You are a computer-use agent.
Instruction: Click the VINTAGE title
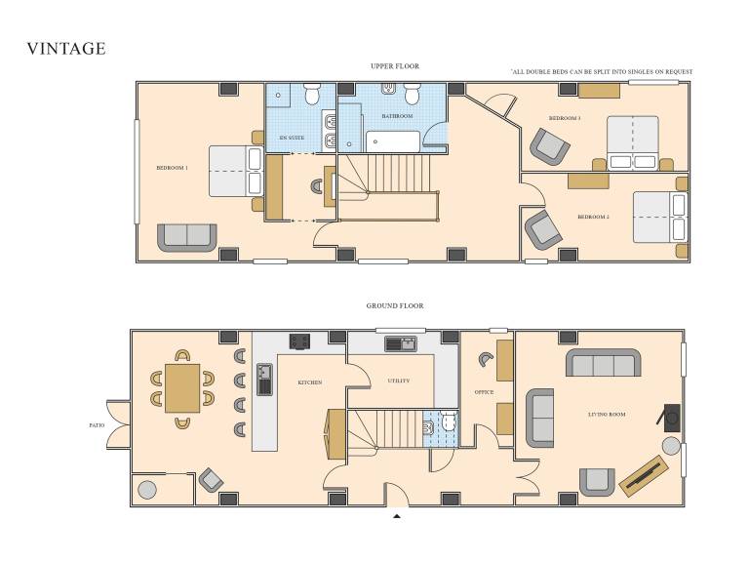[x=66, y=49]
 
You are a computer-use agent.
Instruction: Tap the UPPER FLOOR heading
[x=395, y=66]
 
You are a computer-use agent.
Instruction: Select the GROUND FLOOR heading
[x=395, y=305]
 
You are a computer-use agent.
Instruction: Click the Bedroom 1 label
[x=172, y=168]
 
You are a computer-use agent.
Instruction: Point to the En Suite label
[x=292, y=138]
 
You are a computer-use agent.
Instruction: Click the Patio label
[x=97, y=425]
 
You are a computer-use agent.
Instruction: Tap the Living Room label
[x=607, y=415]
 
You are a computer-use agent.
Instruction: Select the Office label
[x=484, y=392]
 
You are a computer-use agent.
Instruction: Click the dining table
[x=182, y=388]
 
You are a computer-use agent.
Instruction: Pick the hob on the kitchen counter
[x=299, y=341]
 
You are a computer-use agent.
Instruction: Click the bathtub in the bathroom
[x=393, y=141]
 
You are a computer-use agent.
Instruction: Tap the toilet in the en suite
[x=312, y=94]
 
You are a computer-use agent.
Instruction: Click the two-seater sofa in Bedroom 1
[x=187, y=237]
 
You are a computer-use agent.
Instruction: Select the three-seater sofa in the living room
[x=604, y=363]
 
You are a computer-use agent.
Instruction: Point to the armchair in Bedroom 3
[x=550, y=146]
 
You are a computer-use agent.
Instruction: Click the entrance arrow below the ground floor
[x=397, y=516]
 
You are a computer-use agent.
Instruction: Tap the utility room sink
[x=401, y=343]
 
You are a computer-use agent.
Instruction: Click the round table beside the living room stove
[x=671, y=446]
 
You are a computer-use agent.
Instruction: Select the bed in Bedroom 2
[x=660, y=217]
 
